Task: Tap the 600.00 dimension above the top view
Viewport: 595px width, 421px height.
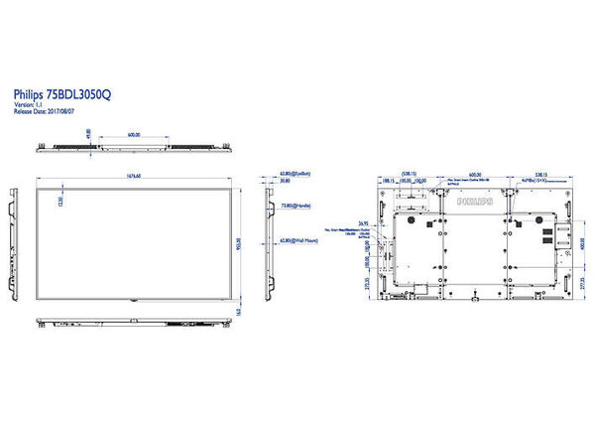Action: click(x=134, y=134)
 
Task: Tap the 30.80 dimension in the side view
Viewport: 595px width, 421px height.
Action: click(x=285, y=182)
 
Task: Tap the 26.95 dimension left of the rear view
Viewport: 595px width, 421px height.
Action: click(x=364, y=222)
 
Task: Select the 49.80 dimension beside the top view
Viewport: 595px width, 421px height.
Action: click(x=88, y=134)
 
